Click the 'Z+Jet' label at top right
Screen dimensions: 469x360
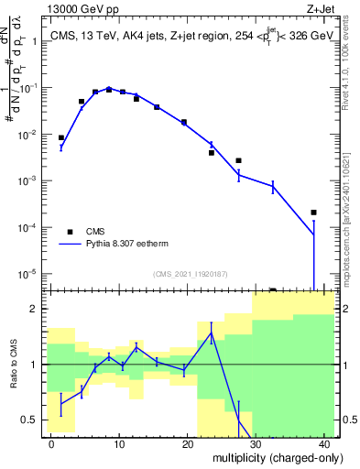tap(319, 10)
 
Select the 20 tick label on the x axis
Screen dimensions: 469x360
tap(188, 443)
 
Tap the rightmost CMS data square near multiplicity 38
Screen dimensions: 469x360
tap(313, 213)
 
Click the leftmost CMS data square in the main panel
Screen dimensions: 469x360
tap(61, 137)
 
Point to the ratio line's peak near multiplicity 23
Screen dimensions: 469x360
tap(211, 333)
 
